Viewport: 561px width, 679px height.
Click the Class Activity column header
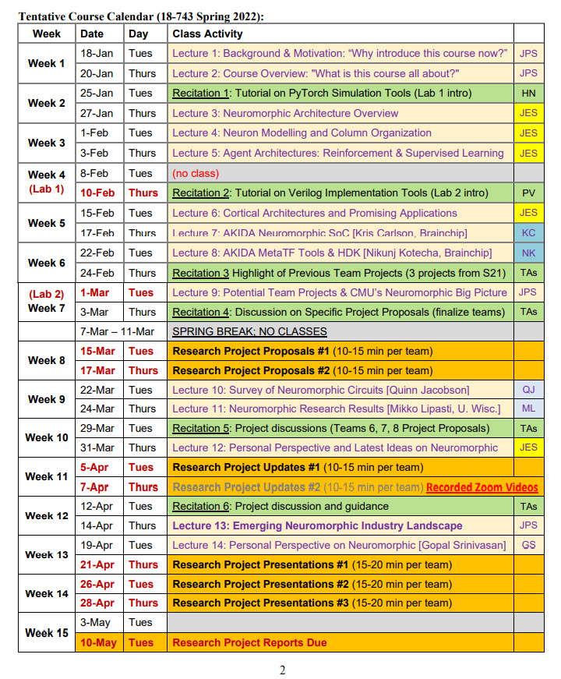coord(207,34)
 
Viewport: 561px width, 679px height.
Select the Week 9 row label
coord(47,399)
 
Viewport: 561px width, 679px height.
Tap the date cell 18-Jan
coord(97,53)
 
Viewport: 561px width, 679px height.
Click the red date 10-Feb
coord(97,193)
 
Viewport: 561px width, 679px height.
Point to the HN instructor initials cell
coord(528,94)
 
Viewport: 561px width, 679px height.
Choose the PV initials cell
coord(528,193)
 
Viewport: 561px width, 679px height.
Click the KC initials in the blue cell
coord(528,232)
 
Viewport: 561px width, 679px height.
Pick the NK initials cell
coord(528,253)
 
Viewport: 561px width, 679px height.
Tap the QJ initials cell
coord(528,390)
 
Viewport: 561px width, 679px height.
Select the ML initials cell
coord(528,408)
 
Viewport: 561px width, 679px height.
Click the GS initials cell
coord(528,545)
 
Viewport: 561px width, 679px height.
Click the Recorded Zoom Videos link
coord(482,487)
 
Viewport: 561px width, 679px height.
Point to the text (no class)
coord(196,173)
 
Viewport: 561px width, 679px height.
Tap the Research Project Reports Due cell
coord(249,643)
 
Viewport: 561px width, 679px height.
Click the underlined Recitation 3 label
coord(200,273)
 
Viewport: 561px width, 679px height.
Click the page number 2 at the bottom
coord(282,670)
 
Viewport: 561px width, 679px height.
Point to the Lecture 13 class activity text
coord(317,526)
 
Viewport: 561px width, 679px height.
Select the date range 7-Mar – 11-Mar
coord(122,331)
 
